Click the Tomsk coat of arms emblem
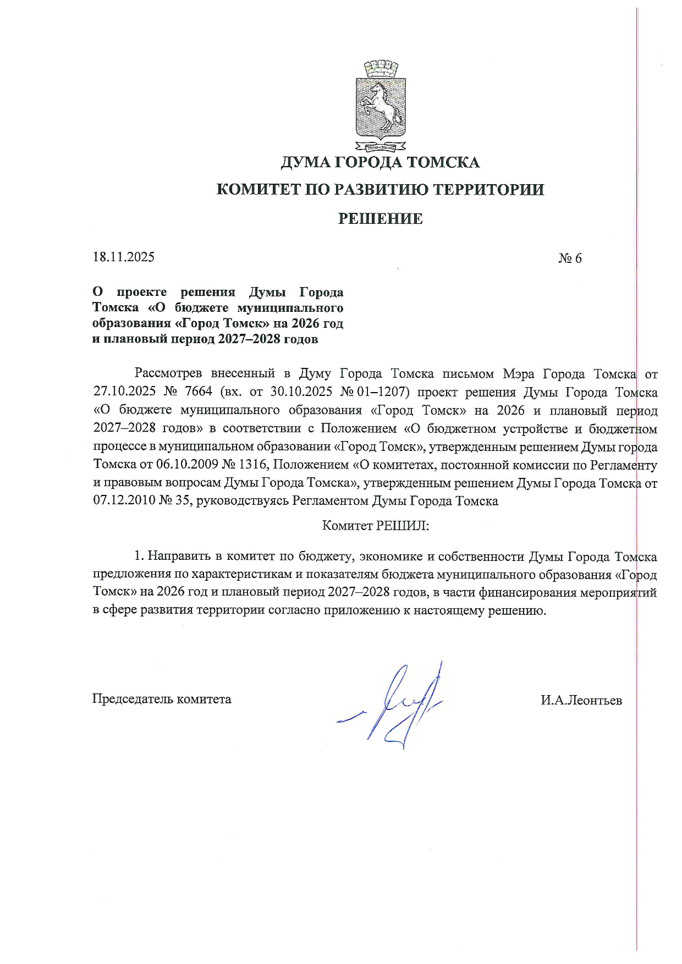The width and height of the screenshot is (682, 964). [380, 107]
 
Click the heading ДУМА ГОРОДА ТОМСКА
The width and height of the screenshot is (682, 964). [380, 163]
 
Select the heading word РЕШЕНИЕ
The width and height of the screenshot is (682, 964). [380, 219]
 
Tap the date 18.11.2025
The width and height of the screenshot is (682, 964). [124, 257]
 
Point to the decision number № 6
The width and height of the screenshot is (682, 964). [570, 258]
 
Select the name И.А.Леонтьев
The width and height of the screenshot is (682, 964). [581, 700]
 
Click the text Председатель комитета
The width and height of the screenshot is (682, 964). [162, 699]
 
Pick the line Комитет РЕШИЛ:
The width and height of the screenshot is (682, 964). [375, 525]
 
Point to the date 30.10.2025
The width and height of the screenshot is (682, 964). [305, 393]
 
